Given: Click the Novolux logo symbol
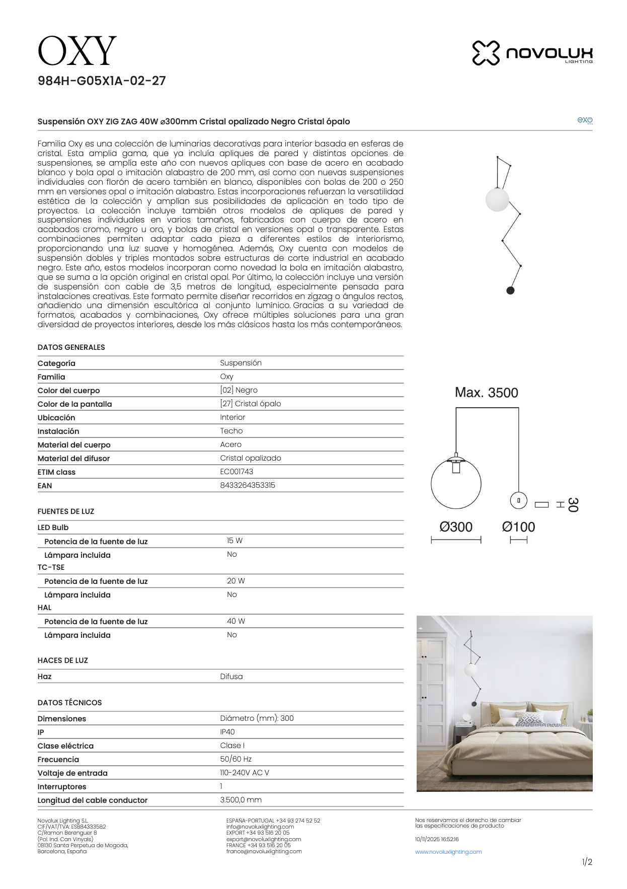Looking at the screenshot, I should point(486,53).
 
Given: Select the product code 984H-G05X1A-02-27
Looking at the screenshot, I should point(102,81).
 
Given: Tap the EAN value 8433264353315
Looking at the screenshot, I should point(248,485).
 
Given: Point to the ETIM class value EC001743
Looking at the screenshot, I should point(237,472).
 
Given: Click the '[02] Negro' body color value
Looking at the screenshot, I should point(239,390).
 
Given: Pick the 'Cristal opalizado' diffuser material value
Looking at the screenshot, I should point(251,458).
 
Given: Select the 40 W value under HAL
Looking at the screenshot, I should point(236,621).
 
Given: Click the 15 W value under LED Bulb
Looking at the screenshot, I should point(234,541).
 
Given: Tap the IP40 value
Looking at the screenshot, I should point(227,732).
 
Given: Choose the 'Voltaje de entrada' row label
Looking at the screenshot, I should point(72,773).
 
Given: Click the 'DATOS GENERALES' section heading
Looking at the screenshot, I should point(71,347).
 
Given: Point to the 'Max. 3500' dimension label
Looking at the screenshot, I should point(486,393).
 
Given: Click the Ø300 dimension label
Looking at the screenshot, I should point(456,527).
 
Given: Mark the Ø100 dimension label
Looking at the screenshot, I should point(518,527).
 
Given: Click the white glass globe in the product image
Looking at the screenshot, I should point(497,199).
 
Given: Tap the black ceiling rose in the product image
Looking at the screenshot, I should point(510,290).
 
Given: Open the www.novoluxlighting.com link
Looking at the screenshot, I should point(448,852).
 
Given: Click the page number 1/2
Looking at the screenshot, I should point(587,862).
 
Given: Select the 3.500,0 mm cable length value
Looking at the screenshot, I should point(241,800).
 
